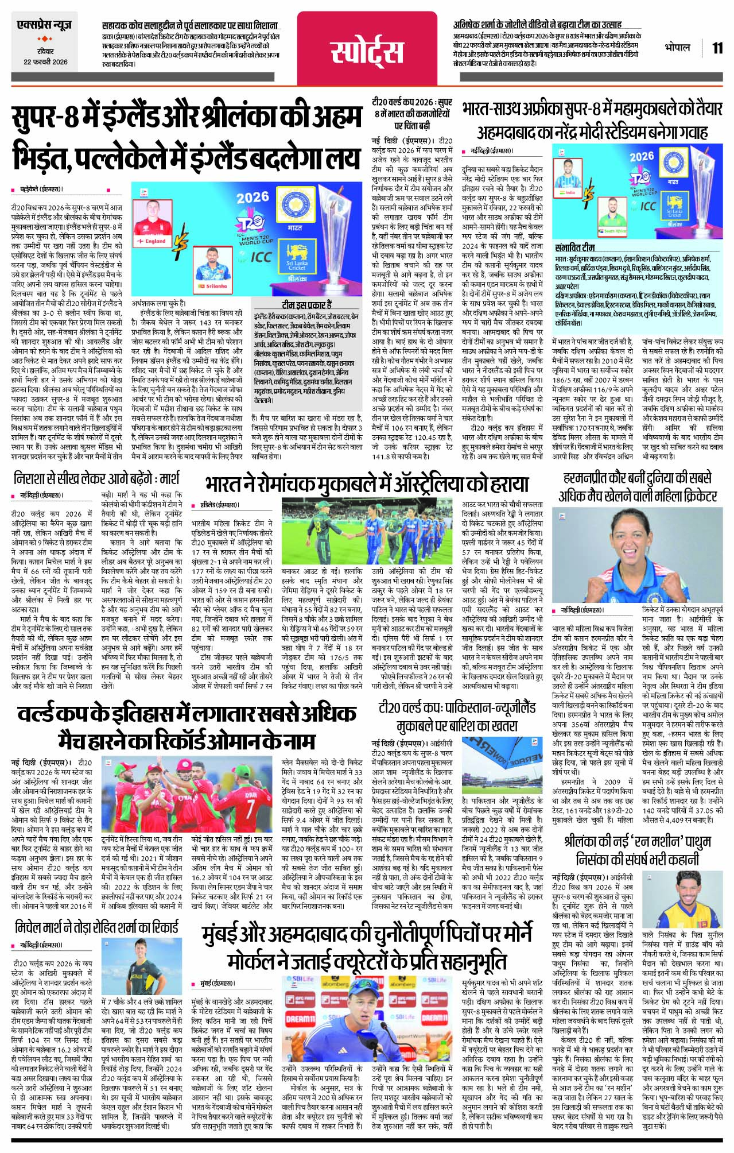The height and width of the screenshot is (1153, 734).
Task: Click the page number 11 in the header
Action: tap(717, 48)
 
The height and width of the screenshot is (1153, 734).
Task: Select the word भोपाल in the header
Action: tap(677, 47)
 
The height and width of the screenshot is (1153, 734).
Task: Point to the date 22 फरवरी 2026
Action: tap(45, 61)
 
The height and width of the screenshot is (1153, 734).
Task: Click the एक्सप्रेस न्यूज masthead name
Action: tap(45, 27)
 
